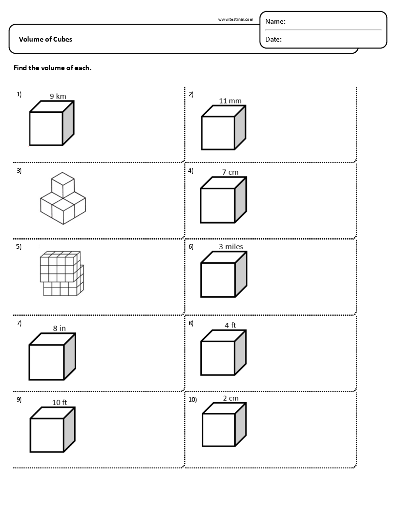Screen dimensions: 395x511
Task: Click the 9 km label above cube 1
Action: (58, 96)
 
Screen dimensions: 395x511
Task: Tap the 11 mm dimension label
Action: (230, 101)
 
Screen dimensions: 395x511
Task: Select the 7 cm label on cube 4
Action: (230, 172)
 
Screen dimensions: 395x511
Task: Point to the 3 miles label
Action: (231, 247)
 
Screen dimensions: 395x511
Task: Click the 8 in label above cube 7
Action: (59, 328)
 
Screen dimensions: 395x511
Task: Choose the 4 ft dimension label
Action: (230, 325)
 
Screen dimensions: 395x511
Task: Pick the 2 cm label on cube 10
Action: (230, 398)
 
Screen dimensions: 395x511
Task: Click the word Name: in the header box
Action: (275, 22)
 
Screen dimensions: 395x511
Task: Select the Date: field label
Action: (273, 39)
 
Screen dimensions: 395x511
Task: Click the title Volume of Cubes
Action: (46, 39)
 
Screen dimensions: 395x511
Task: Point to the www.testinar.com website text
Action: (236, 19)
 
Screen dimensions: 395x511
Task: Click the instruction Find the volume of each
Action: (52, 68)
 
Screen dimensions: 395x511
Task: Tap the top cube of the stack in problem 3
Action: (63, 185)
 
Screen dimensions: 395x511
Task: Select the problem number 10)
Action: (193, 399)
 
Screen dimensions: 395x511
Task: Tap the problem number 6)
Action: (191, 247)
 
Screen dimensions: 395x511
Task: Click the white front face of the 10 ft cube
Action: (47, 435)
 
